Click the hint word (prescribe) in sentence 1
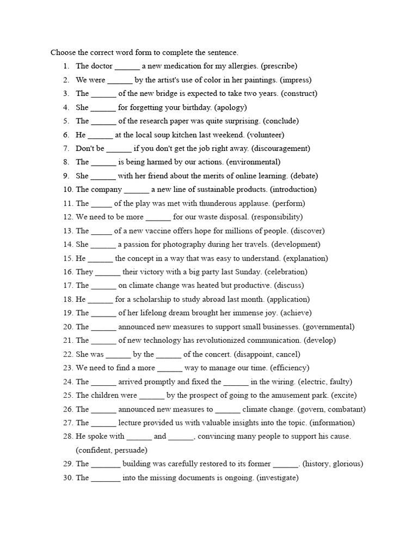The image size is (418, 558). pos(279,66)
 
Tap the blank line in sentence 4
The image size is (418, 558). pos(103,108)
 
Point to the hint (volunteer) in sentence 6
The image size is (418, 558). pos(266,135)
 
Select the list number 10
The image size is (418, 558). pos(68,190)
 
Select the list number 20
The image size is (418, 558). pos(68,327)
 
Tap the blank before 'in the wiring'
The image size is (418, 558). pos(236,383)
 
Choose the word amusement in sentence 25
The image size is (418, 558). pos(283,395)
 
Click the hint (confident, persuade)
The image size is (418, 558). pos(112,450)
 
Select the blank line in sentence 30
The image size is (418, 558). pos(106,478)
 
